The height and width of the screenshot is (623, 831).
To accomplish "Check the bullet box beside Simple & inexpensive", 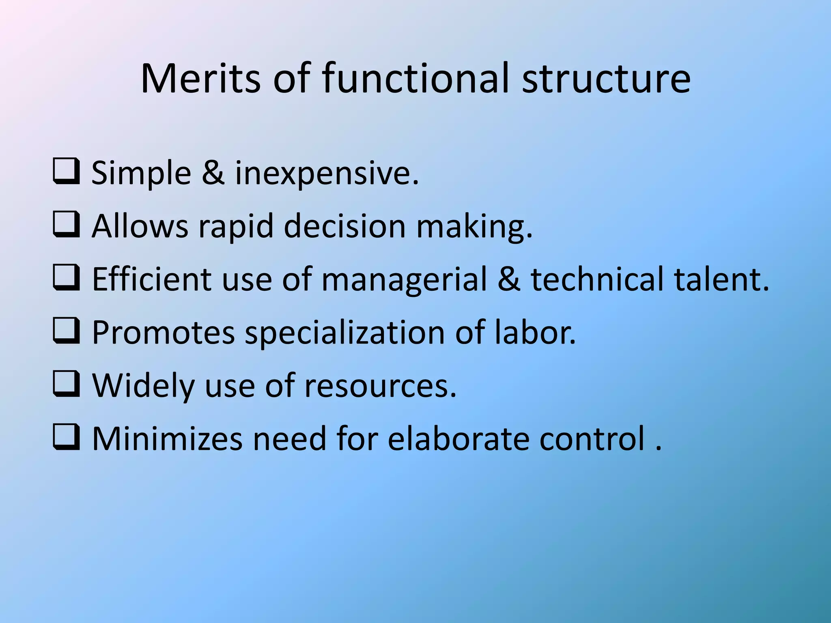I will click(x=66, y=172).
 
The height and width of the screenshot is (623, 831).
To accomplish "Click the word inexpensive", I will click(x=327, y=173).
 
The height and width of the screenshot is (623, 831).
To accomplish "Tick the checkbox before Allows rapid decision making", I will click(x=66, y=225).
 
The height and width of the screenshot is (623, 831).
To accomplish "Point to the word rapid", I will click(x=236, y=226).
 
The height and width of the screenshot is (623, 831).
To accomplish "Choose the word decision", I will click(x=345, y=226).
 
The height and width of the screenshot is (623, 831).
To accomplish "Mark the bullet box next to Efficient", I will click(x=66, y=278).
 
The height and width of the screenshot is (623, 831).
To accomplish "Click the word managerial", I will click(x=404, y=279).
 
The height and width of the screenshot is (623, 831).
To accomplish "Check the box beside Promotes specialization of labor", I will click(x=66, y=331).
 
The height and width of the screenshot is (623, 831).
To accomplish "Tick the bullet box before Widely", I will click(x=66, y=385).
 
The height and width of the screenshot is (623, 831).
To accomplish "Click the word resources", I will click(x=381, y=386).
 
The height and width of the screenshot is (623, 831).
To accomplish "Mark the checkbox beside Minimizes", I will click(x=66, y=438).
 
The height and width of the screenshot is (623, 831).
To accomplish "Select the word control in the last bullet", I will click(x=592, y=438).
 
